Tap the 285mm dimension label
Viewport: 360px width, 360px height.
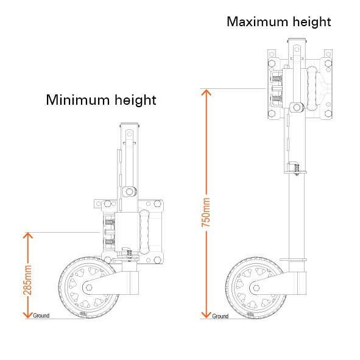[27, 280]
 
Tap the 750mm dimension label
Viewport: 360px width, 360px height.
[206, 213]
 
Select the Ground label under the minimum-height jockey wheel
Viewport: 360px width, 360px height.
[41, 316]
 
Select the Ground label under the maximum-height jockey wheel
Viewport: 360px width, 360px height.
[220, 316]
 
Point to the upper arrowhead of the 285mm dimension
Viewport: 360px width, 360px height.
[28, 235]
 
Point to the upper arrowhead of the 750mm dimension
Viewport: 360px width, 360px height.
[206, 93]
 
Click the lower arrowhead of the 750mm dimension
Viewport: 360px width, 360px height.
[206, 315]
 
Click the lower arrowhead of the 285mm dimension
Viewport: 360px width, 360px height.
[28, 315]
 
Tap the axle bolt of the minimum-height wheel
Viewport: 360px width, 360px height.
[89, 288]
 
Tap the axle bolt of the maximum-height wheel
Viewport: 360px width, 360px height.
[256, 288]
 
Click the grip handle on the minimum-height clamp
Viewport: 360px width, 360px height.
[144, 232]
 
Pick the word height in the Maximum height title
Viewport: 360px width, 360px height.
[312, 22]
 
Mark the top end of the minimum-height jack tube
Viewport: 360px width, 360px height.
[129, 124]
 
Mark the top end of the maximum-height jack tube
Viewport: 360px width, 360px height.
[297, 39]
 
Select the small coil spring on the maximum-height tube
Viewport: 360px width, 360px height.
[297, 169]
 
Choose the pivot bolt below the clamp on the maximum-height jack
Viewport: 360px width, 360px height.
[297, 107]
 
